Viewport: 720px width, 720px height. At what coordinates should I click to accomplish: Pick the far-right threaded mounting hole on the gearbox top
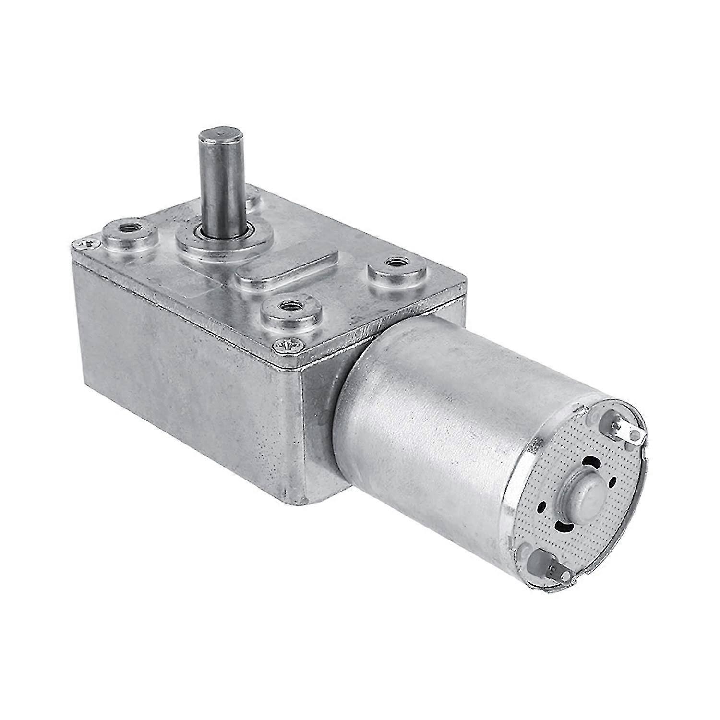(395, 263)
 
